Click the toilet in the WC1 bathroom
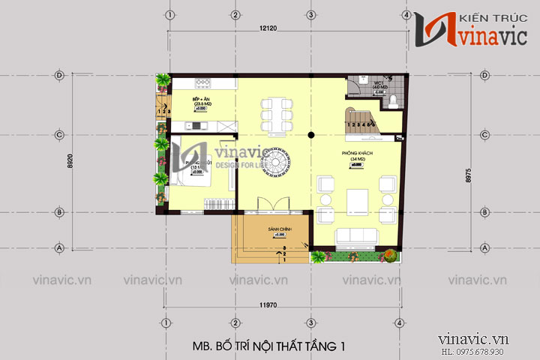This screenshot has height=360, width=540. tap(358, 88)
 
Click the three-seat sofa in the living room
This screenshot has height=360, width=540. tap(355, 238)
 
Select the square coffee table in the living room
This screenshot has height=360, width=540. tap(355, 200)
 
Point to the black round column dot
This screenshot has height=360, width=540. tap(310, 134)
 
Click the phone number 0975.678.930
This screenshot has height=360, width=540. tap(492, 352)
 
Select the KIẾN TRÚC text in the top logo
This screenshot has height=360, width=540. tap(480, 16)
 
